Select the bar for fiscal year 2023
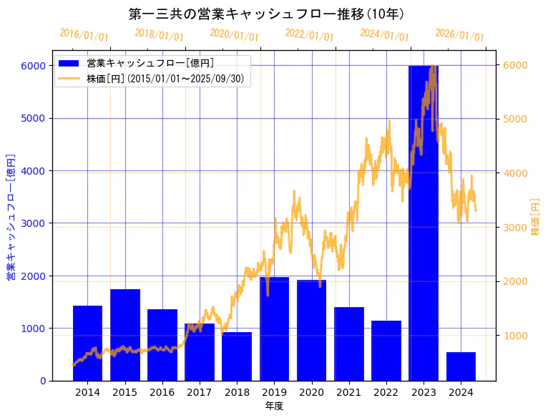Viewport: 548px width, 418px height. [x=424, y=223]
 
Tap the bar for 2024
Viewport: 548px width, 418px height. [x=461, y=366]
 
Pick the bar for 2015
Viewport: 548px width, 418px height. [x=125, y=335]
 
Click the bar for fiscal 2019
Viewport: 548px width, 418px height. [x=274, y=329]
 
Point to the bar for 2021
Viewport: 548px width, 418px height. [x=349, y=344]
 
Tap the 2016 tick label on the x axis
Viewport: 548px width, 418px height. [x=162, y=392]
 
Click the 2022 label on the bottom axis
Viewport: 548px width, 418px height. [x=386, y=392]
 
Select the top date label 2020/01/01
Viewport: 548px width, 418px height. [x=234, y=35]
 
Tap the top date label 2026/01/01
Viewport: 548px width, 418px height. [x=459, y=35]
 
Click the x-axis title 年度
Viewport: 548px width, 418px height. [x=274, y=406]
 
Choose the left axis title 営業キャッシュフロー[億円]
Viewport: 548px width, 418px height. [x=11, y=216]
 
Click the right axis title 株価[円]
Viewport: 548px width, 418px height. [x=536, y=218]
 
